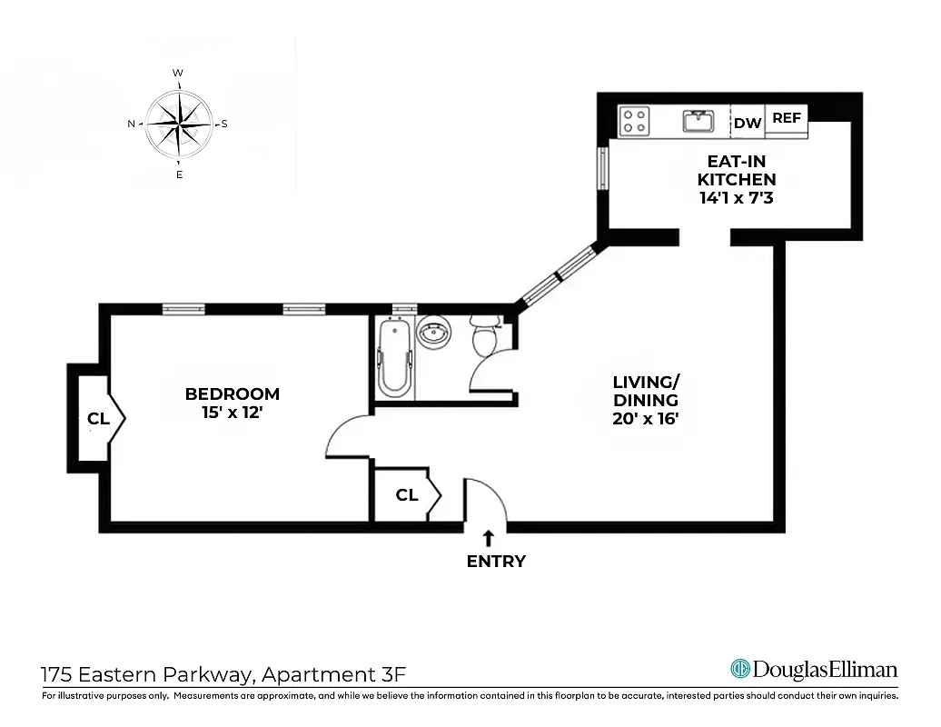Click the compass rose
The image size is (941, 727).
pyautogui.click(x=179, y=124)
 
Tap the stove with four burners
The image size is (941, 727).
pyautogui.click(x=634, y=121)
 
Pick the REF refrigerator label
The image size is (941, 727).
pyautogui.click(x=787, y=118)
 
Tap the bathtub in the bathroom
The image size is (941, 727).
pyautogui.click(x=393, y=359)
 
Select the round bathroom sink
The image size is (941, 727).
pyautogui.click(x=433, y=334)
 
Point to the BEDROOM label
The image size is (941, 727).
pyautogui.click(x=232, y=393)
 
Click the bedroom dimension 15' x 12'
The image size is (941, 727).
pyautogui.click(x=232, y=412)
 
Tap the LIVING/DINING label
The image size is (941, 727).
pyautogui.click(x=645, y=392)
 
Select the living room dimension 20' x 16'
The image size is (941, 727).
pyautogui.click(x=645, y=419)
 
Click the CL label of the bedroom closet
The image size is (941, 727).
pyautogui.click(x=98, y=419)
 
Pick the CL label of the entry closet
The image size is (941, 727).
pyautogui.click(x=407, y=495)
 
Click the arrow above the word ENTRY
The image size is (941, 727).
pyautogui.click(x=488, y=537)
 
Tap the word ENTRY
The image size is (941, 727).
pyautogui.click(x=496, y=562)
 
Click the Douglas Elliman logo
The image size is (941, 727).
pyautogui.click(x=814, y=670)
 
